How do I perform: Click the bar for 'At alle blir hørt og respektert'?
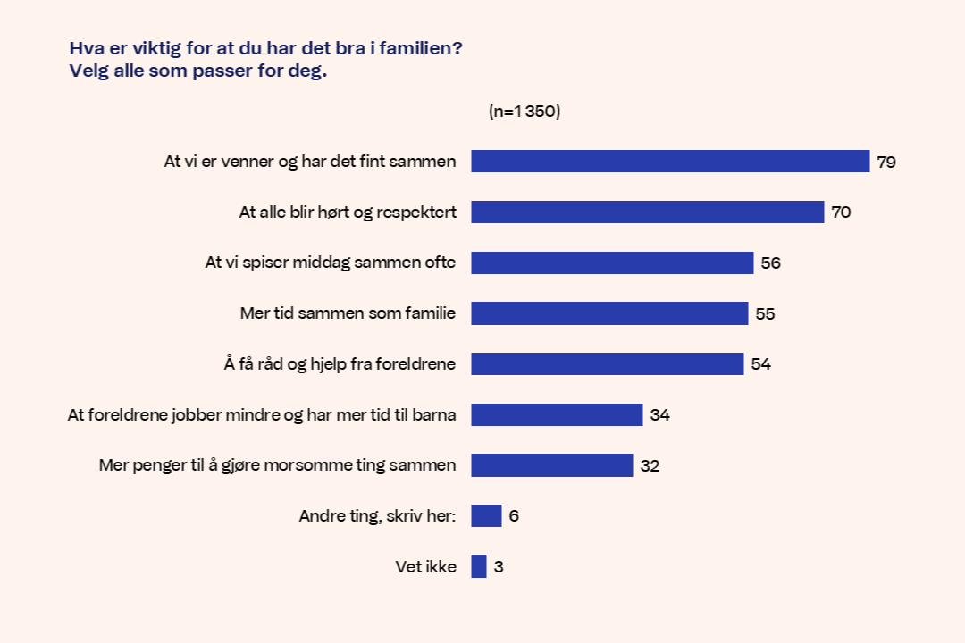coord(647,213)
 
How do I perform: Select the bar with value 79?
coord(670,162)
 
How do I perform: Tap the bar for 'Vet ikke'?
coord(479,567)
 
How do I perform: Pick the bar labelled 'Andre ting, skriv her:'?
coord(486,516)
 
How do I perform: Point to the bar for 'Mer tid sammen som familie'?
coord(609,313)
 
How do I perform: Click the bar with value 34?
coord(557,415)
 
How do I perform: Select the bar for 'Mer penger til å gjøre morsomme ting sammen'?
coord(552,465)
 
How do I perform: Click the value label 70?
coord(841,213)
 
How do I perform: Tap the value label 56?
coord(771,263)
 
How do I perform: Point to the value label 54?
coord(760,364)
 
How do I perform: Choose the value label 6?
coord(514,516)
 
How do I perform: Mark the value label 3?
coord(499,567)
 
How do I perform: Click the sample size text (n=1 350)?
coord(524,112)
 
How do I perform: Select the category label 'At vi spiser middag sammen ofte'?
coord(331,263)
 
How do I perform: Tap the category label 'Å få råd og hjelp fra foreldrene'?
coord(340,364)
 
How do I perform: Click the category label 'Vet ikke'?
coord(426,567)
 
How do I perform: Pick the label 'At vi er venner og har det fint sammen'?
coord(310,162)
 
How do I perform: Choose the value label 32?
coord(650,465)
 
